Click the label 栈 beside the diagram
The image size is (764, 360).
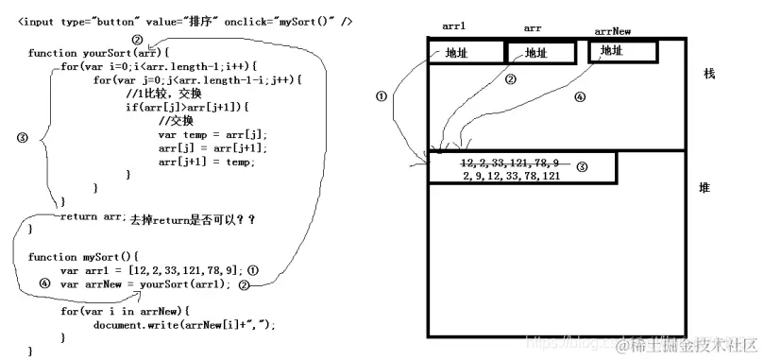(709, 74)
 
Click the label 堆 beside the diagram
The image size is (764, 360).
(705, 188)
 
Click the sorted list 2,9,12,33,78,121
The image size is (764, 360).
(512, 176)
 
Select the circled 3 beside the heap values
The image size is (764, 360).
(582, 167)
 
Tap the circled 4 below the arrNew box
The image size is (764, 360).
(581, 97)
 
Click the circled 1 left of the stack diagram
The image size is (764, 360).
(381, 96)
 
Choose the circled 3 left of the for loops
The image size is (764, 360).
(23, 136)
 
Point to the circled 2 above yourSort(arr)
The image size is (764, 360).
(138, 40)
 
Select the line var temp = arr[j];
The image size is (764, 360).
(212, 134)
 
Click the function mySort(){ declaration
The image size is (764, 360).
(83, 256)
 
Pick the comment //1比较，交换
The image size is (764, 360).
(163, 94)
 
